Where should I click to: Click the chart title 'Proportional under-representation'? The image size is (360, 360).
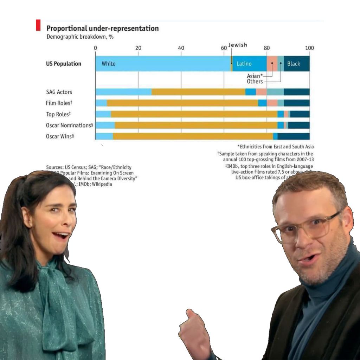click(x=102, y=28)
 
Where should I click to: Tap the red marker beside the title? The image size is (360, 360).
click(x=38, y=25)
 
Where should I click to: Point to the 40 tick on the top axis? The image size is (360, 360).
click(x=181, y=48)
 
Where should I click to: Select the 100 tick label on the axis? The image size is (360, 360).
click(x=309, y=48)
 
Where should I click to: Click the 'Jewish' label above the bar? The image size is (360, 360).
click(x=238, y=45)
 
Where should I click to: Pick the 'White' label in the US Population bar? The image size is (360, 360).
click(x=108, y=64)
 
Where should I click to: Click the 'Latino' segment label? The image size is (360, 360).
click(x=244, y=64)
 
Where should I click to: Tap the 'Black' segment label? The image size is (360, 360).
click(x=294, y=64)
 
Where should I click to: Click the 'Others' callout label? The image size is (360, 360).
click(x=255, y=82)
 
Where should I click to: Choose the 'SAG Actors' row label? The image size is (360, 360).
click(x=59, y=92)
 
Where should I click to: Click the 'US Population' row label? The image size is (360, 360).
click(x=63, y=64)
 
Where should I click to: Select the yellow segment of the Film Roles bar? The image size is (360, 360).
click(x=182, y=103)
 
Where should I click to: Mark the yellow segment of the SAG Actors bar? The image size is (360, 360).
click(x=198, y=92)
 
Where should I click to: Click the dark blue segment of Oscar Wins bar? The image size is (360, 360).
click(x=293, y=136)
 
